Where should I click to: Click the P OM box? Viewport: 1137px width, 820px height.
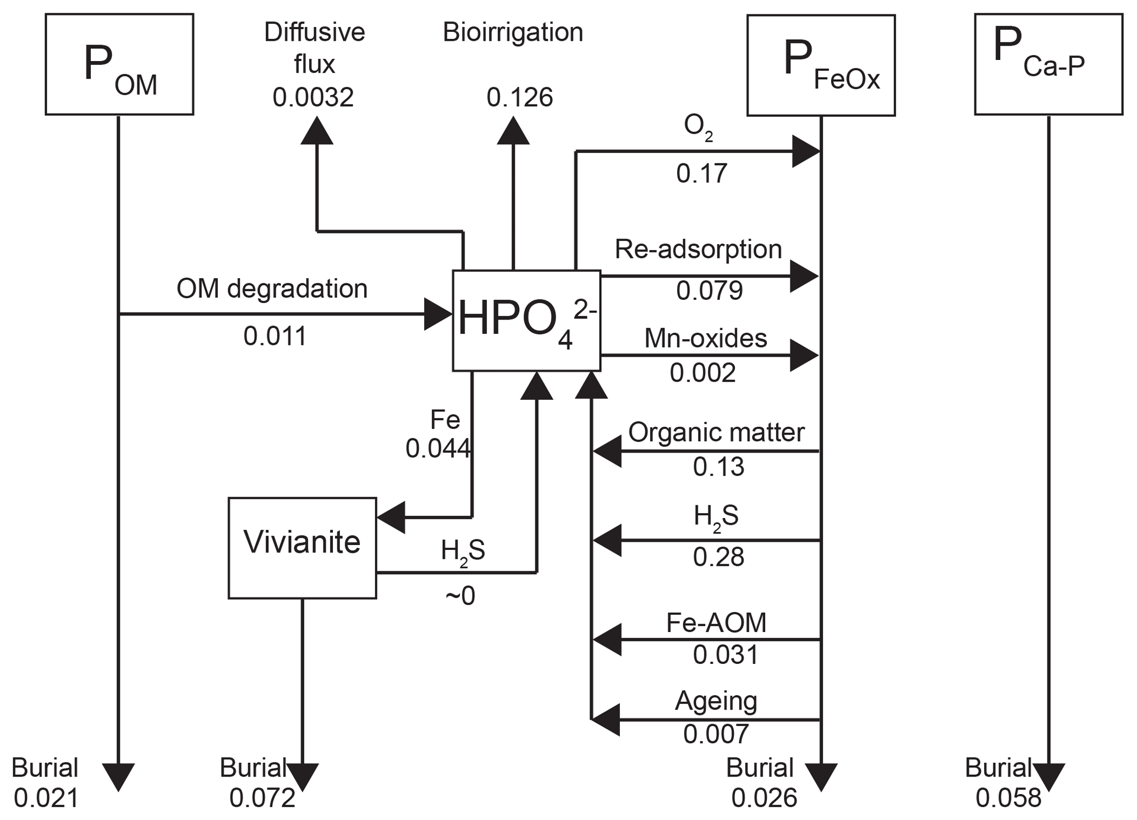[119, 64]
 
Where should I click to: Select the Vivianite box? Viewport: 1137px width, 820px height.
[302, 548]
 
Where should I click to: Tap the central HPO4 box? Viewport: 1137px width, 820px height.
[526, 321]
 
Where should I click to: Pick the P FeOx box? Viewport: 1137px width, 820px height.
[821, 65]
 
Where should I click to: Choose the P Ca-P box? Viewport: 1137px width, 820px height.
[1048, 64]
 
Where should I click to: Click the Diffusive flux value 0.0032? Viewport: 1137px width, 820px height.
[313, 97]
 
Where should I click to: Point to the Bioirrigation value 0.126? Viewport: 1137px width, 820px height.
[519, 97]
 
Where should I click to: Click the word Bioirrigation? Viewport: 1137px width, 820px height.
[513, 32]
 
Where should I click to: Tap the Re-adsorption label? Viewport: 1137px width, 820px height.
[698, 249]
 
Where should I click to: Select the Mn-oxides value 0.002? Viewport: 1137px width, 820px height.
[702, 373]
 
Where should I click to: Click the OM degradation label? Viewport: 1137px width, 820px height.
[272, 289]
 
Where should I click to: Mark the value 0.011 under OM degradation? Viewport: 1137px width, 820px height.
[274, 336]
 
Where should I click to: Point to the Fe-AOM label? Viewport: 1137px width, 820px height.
[716, 623]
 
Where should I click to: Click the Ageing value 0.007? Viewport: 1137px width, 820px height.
[716, 734]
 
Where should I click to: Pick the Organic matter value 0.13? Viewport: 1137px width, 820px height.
[718, 467]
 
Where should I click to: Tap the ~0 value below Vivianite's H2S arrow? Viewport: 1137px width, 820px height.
[460, 596]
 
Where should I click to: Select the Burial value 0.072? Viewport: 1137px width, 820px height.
[262, 798]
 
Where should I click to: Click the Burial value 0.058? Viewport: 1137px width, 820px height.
[1008, 798]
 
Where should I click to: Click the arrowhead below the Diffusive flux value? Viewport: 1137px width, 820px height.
[317, 131]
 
